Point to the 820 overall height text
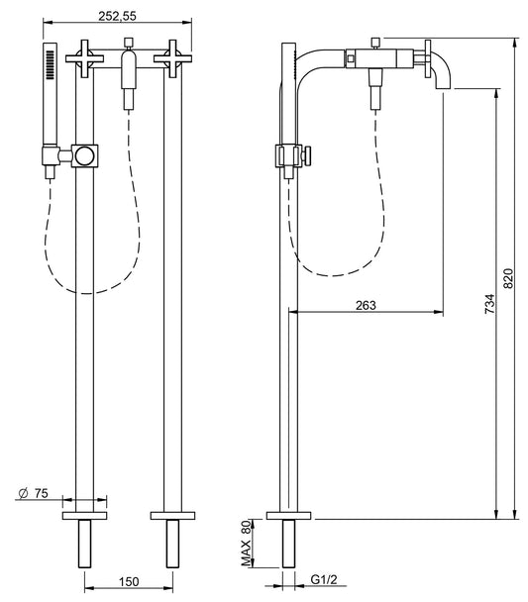pyautogui.click(x=509, y=280)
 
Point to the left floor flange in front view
pyautogui.click(x=84, y=515)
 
